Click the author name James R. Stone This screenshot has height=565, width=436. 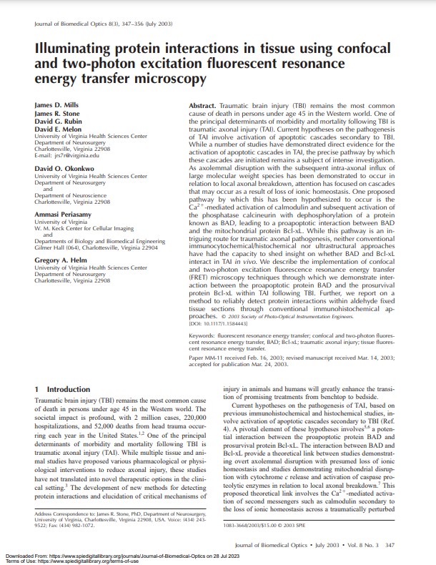coord(56,112)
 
